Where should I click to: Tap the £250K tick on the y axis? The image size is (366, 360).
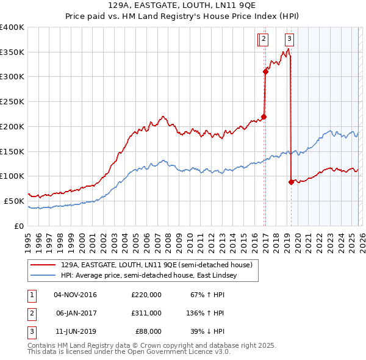(12, 102)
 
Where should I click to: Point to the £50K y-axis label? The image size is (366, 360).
(14, 201)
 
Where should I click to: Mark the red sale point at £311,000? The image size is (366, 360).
(265, 72)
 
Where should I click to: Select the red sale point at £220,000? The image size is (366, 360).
(264, 117)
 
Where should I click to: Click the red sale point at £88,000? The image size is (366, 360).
(291, 182)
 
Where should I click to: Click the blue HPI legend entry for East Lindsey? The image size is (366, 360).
(151, 276)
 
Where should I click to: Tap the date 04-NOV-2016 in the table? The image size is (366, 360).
(75, 295)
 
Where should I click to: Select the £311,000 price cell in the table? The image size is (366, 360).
(146, 313)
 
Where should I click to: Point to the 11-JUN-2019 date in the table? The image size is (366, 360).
(75, 331)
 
